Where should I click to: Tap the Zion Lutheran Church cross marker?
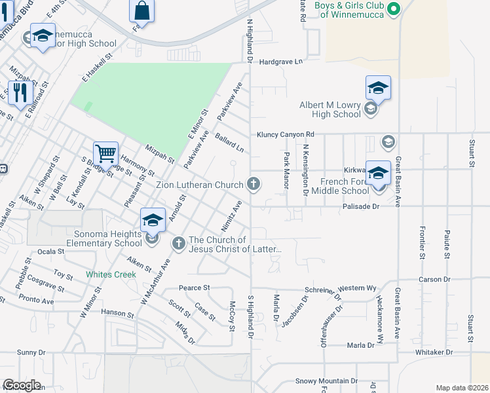click(254, 185)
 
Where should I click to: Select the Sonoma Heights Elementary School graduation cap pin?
click(153, 221)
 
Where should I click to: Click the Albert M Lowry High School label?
click(330, 109)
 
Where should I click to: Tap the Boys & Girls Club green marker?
click(394, 9)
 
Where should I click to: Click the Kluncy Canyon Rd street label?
click(286, 134)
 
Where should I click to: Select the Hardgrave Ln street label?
click(281, 62)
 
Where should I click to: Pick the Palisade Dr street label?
click(361, 206)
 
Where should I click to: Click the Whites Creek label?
click(111, 274)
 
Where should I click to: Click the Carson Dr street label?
click(435, 280)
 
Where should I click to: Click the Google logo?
click(22, 385)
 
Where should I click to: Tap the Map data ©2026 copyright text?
click(462, 388)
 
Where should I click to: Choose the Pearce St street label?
click(194, 288)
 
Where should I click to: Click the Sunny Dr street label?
click(31, 352)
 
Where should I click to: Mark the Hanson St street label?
click(117, 313)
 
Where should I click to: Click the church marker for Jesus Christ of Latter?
click(178, 244)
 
